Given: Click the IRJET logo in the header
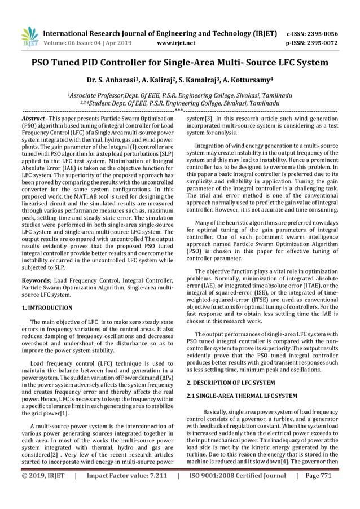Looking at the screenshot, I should point(29,36).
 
